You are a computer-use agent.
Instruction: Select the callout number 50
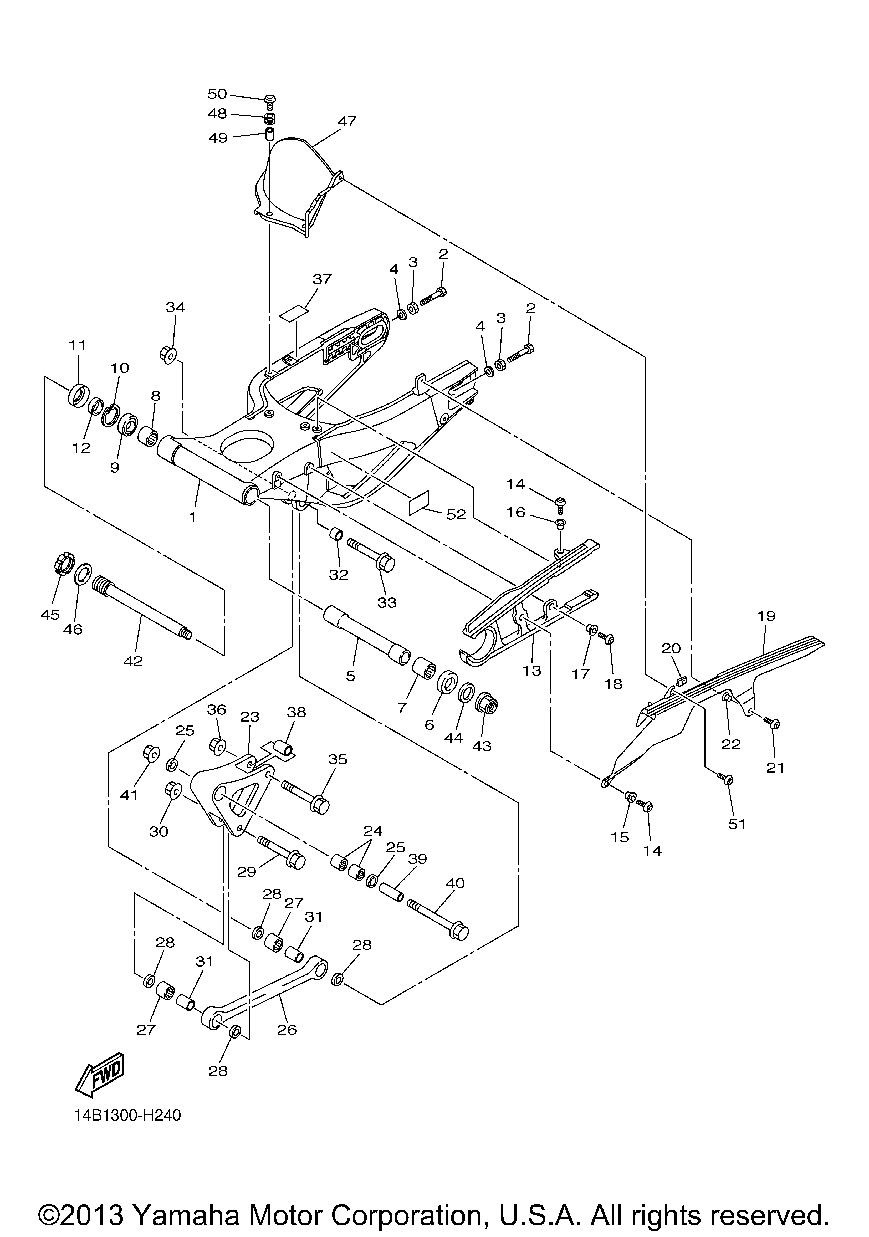(x=218, y=94)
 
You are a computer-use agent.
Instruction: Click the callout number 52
(x=456, y=514)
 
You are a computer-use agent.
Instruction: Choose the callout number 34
(x=175, y=307)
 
